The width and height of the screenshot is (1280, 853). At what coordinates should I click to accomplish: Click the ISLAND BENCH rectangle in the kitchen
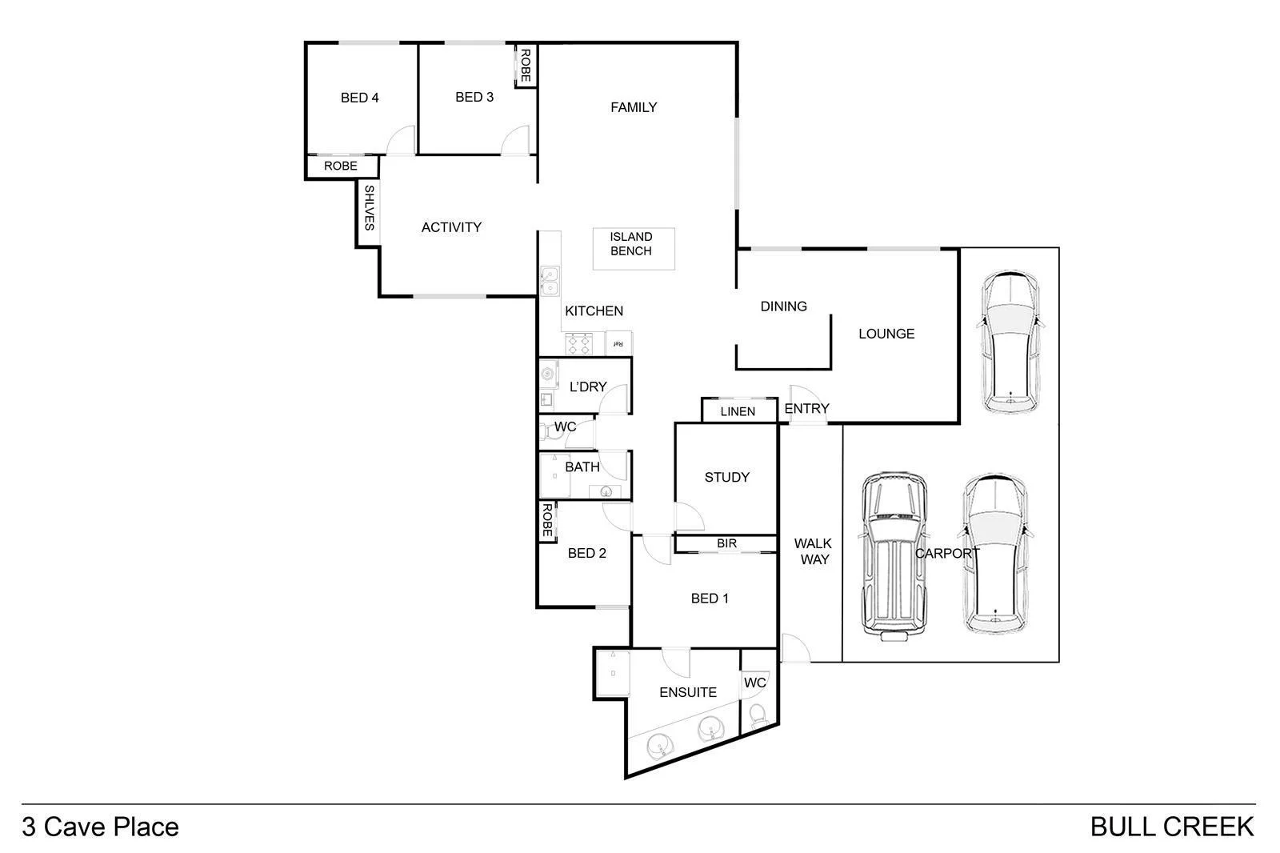point(633,249)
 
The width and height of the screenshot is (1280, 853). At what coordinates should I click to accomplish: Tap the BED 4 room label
point(359,98)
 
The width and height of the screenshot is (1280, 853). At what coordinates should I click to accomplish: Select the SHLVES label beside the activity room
point(369,207)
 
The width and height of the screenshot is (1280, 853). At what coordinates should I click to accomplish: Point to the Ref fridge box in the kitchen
point(618,343)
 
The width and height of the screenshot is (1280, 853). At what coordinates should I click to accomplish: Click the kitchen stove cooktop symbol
point(578,344)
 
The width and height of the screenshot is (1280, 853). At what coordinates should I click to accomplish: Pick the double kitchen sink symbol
point(549,282)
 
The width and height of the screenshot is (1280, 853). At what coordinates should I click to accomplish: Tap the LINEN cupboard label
point(738,411)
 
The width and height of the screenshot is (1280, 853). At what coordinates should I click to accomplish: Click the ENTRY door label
point(806,409)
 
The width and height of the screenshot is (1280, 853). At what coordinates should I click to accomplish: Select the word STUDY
point(726,478)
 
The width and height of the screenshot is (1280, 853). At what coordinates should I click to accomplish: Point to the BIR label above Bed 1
point(726,543)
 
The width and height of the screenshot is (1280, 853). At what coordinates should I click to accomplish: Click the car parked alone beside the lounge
point(1010,342)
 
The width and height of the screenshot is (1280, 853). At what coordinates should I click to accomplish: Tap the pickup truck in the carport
point(894,555)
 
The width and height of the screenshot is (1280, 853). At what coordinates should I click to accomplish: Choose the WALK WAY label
point(814,551)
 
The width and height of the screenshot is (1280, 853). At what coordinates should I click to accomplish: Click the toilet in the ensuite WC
point(757,715)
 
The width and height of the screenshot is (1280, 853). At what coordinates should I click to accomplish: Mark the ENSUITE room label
point(687,692)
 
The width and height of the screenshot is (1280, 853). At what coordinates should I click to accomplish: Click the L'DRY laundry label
point(588,386)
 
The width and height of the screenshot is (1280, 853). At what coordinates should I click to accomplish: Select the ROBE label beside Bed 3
point(526,66)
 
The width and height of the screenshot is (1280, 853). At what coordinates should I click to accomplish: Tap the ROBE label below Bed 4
point(341,166)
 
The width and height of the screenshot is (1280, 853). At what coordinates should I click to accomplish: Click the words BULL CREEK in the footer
point(1171,827)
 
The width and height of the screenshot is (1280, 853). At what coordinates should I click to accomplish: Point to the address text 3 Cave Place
point(101,827)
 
